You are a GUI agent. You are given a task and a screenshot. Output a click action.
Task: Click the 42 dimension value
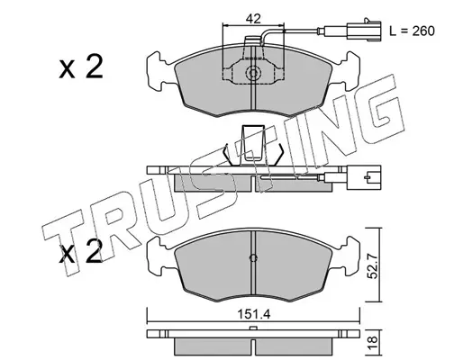[253, 19]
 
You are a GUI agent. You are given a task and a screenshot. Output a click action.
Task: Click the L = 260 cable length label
[412, 31]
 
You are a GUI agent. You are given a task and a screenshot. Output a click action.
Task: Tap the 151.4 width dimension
[254, 314]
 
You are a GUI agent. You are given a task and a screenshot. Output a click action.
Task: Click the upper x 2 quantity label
[81, 67]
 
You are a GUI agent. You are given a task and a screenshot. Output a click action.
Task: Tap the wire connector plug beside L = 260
[364, 30]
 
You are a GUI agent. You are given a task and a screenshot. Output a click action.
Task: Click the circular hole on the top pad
[253, 73]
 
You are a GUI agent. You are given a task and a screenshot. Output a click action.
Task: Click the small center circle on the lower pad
[253, 258]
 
